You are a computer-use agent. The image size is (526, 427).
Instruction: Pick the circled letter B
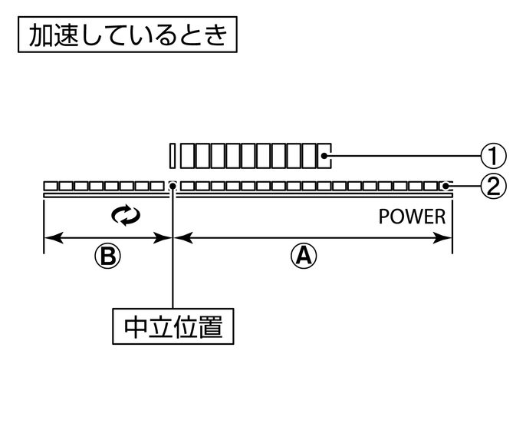[108, 257]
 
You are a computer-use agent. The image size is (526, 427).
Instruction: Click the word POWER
[412, 217]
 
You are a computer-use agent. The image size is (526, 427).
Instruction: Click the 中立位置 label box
[173, 328]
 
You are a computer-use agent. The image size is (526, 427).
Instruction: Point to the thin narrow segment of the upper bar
[173, 156]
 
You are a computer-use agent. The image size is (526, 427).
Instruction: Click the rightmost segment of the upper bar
[324, 156]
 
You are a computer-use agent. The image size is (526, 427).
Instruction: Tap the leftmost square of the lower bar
[50, 186]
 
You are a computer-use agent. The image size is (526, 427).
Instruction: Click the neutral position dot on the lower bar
[173, 186]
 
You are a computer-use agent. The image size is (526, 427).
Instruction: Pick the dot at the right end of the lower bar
[446, 186]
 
